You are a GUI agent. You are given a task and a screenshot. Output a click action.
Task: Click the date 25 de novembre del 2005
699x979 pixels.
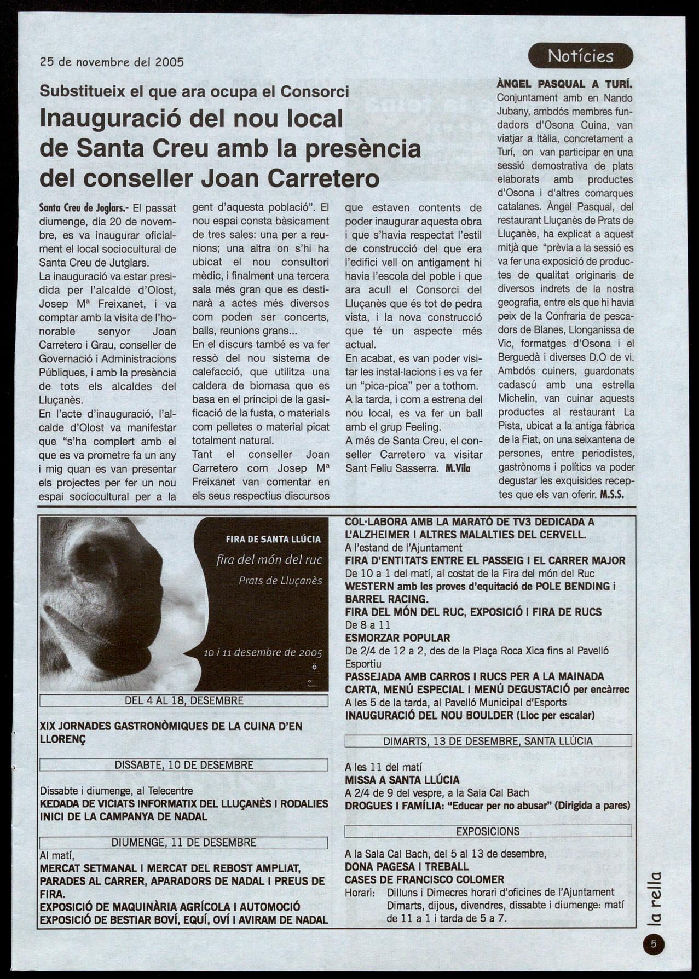coord(112,62)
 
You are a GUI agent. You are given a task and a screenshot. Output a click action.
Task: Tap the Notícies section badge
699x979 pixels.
coord(580,56)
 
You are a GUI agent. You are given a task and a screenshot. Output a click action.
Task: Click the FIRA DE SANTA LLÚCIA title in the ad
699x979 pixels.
coord(273,539)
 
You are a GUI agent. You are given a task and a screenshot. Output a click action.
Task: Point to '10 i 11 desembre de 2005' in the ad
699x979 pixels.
coord(263,653)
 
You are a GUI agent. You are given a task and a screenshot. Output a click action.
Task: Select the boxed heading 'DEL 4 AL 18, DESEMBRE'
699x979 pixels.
coord(184,701)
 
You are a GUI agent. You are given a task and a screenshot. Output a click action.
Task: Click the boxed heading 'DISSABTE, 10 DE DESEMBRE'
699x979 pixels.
coord(184,765)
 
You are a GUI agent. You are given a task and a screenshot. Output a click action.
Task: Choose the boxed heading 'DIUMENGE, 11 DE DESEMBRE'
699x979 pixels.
coord(184,843)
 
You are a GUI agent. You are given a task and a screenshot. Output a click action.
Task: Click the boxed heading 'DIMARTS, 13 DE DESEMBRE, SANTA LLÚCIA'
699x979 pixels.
coord(488,741)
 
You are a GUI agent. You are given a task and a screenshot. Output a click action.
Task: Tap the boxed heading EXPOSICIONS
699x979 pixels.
coord(488,831)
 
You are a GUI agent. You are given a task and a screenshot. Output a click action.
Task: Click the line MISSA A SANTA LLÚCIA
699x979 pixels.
coord(402,780)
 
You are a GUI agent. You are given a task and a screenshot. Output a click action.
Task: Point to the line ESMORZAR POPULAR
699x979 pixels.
coord(397,638)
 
